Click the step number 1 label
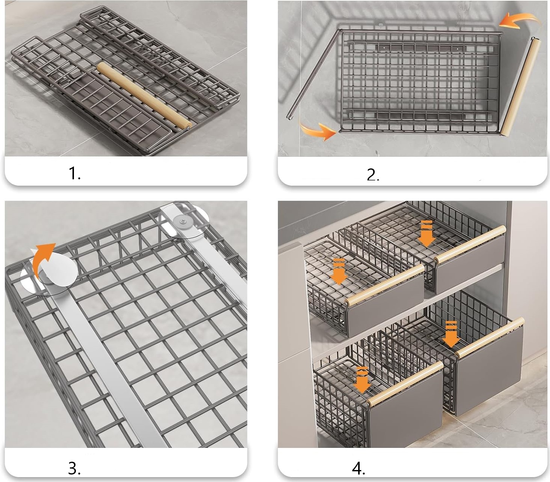[75, 173]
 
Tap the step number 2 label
[373, 175]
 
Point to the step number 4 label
[358, 468]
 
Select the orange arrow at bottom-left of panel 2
[318, 131]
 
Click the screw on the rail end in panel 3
[184, 222]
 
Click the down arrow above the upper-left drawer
[338, 271]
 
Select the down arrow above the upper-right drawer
[426, 233]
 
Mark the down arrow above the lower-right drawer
[451, 334]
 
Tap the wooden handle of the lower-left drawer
[405, 385]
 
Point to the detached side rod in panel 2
[313, 74]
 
